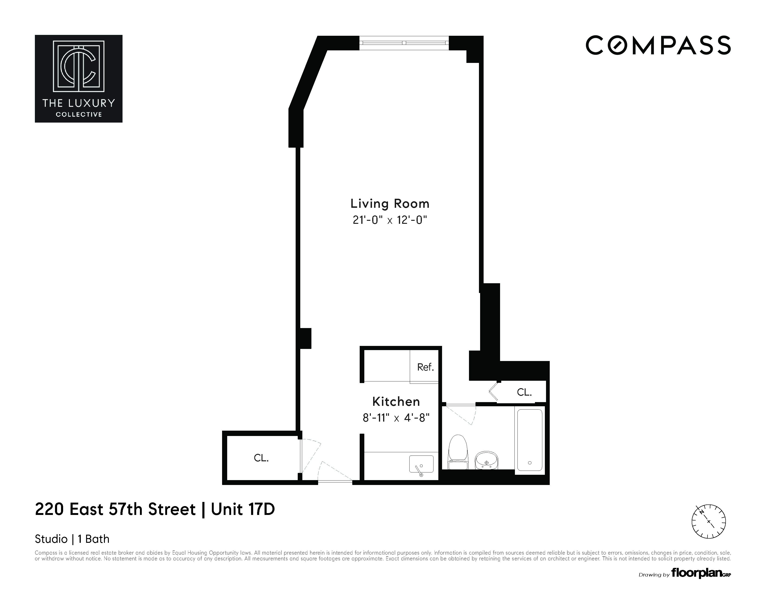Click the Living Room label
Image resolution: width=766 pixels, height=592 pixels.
tap(390, 204)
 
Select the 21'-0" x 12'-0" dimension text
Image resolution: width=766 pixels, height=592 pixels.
tap(390, 220)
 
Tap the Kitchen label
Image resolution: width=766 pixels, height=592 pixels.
tap(396, 401)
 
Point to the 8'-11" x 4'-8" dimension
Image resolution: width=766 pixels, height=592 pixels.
tap(396, 418)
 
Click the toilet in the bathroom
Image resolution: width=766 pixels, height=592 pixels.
tap(458, 452)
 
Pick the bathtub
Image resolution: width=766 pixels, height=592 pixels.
tap(530, 440)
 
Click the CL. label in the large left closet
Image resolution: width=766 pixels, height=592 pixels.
tap(261, 458)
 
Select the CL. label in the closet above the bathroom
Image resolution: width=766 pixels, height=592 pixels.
tap(524, 392)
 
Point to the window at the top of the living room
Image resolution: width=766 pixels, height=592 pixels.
tap(404, 43)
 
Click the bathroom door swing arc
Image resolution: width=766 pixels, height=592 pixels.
tap(462, 416)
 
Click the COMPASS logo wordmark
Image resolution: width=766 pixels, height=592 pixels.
tap(658, 46)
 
